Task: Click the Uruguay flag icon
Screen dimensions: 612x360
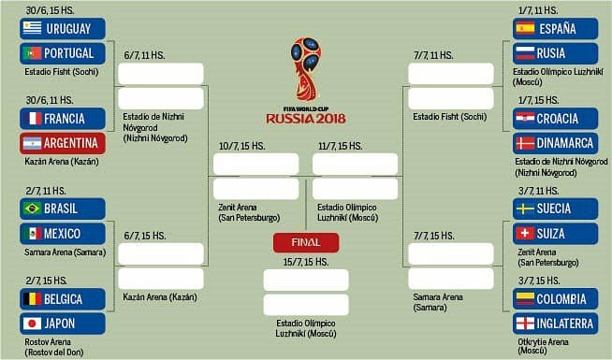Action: (32, 28)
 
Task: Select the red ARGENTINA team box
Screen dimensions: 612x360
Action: (63, 143)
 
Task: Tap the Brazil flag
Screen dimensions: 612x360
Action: (32, 209)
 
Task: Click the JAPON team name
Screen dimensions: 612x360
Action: (60, 324)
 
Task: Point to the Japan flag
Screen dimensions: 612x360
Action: (32, 324)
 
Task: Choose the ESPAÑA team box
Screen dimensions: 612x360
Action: (555, 28)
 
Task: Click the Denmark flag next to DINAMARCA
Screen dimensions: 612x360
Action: (525, 143)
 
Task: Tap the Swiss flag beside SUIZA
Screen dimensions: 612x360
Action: (525, 233)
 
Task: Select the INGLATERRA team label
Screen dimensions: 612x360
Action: (565, 324)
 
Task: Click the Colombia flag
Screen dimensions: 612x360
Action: (525, 299)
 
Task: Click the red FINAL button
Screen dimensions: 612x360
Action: (306, 242)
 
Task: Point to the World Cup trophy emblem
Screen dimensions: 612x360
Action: (306, 69)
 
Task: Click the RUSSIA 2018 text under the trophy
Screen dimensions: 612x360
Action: (306, 119)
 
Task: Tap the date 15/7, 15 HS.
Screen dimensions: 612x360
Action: (306, 262)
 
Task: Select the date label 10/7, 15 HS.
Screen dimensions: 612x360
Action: (242, 146)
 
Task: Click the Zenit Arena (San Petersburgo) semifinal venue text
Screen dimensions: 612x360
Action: (249, 212)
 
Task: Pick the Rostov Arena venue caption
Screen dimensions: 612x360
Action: (54, 347)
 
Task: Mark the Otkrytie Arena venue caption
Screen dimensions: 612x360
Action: (543, 346)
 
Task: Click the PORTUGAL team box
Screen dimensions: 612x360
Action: (63, 53)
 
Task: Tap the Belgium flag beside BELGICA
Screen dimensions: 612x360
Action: (32, 299)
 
